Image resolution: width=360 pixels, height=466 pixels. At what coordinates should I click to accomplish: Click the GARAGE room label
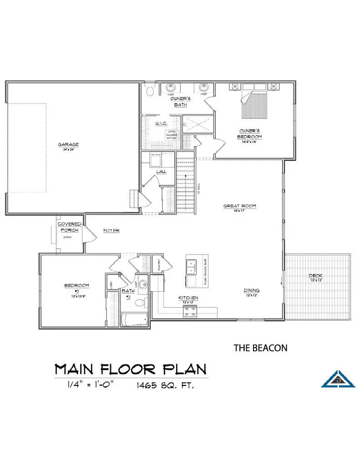pyautogui.click(x=68, y=145)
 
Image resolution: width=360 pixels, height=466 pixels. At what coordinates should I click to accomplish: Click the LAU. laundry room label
pyautogui.click(x=161, y=172)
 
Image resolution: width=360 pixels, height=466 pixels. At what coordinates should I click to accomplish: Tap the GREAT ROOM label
pyautogui.click(x=239, y=206)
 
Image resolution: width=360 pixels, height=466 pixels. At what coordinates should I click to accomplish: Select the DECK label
pyautogui.click(x=315, y=276)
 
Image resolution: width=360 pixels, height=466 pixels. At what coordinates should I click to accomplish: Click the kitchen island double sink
pyautogui.click(x=191, y=267)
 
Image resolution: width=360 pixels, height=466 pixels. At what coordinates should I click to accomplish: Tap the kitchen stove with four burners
pyautogui.click(x=189, y=312)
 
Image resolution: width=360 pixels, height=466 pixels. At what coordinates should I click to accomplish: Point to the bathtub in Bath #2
pyautogui.click(x=134, y=319)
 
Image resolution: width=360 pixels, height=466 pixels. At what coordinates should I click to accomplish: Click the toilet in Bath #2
pyautogui.click(x=140, y=302)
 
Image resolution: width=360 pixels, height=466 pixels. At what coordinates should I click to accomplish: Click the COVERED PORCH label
pyautogui.click(x=69, y=227)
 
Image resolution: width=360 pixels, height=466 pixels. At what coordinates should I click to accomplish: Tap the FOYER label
pyautogui.click(x=111, y=231)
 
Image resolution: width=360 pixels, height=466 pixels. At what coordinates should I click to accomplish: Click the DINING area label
pyautogui.click(x=251, y=290)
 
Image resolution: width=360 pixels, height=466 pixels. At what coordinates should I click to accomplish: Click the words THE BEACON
pyautogui.click(x=260, y=348)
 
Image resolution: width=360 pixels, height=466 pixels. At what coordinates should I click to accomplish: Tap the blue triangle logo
pyautogui.click(x=338, y=377)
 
